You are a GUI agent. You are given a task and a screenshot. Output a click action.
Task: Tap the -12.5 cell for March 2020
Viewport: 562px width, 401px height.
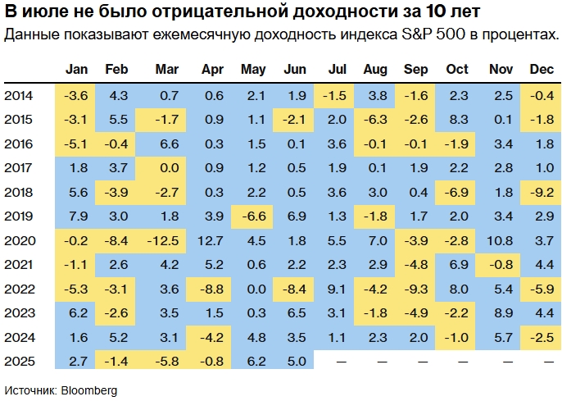pyautogui.click(x=167, y=241)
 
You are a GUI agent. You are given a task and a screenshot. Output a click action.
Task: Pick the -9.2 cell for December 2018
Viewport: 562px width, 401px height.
pyautogui.click(x=541, y=193)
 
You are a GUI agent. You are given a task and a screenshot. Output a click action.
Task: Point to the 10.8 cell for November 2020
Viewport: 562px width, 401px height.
pyautogui.click(x=500, y=241)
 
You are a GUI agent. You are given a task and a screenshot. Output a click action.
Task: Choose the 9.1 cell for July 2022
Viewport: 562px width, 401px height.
pyautogui.click(x=336, y=289)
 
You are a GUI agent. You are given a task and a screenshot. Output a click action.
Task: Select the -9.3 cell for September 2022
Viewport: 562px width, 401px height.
pyautogui.click(x=416, y=289)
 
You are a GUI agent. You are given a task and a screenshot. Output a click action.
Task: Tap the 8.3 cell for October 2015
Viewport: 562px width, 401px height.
pyautogui.click(x=458, y=120)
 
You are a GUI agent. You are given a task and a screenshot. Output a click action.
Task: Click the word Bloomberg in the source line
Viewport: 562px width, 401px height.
pyautogui.click(x=89, y=390)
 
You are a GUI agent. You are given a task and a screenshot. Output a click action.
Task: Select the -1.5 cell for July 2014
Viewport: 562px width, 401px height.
pyautogui.click(x=336, y=96)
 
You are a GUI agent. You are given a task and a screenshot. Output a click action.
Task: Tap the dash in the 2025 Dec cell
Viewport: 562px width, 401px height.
pyautogui.click(x=541, y=362)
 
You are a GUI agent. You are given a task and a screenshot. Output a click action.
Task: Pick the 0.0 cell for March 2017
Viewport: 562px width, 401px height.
pyautogui.click(x=167, y=168)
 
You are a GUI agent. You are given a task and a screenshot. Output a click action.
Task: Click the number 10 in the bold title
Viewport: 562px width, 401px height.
pyautogui.click(x=437, y=12)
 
